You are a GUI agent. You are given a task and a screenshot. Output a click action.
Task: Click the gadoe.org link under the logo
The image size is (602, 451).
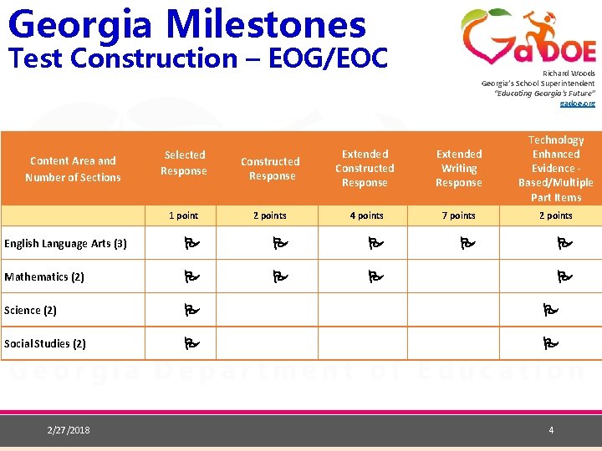coord(578,104)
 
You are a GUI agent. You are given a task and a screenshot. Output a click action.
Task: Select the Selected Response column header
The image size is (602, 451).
coord(184,163)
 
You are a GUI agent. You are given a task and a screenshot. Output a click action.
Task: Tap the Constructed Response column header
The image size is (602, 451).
coord(270,169)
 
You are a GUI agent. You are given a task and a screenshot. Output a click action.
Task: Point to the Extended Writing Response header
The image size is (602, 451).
coord(459,168)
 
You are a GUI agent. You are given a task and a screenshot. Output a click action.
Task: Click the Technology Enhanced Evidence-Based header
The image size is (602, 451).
coord(556,169)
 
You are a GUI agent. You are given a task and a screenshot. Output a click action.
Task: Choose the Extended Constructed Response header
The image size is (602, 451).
coord(365,168)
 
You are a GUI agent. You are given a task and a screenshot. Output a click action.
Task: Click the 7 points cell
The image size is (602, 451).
coord(459,215)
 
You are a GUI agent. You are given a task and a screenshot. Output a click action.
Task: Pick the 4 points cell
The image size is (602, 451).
coord(365,215)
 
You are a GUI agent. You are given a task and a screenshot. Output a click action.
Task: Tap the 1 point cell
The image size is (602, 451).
coord(183,215)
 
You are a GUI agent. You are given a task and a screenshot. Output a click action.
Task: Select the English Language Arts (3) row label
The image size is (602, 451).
coord(65,244)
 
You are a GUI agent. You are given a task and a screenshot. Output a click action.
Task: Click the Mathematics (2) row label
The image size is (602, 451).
coord(44,276)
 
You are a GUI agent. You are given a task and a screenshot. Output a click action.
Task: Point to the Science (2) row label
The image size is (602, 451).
coord(30,310)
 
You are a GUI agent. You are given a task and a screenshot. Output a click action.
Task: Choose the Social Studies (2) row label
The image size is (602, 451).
coord(44,343)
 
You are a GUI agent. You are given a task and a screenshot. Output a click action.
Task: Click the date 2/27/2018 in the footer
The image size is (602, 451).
coord(69,430)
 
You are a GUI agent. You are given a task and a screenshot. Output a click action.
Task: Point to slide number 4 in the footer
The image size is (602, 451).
coord(551,430)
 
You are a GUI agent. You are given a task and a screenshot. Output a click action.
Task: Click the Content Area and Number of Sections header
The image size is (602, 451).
coord(73,169)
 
